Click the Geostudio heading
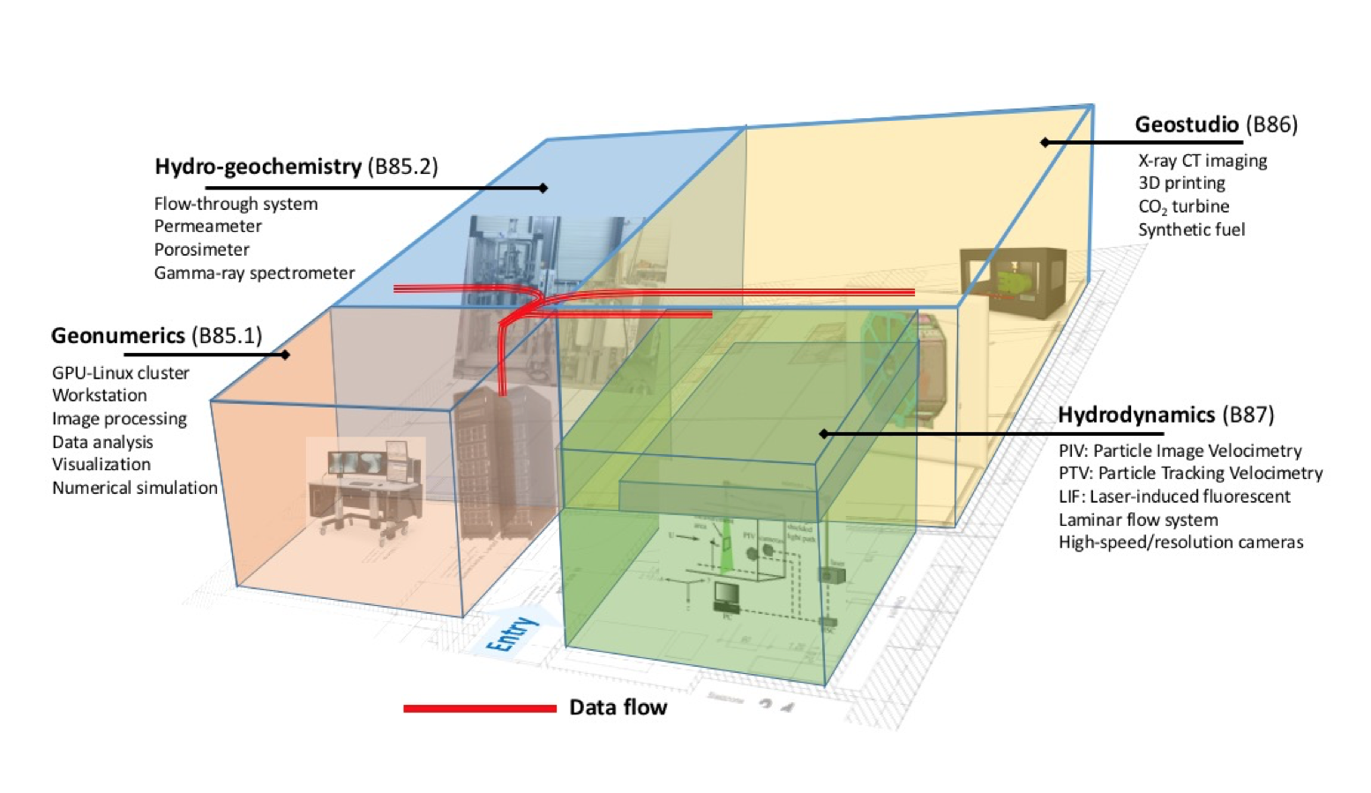click(x=1187, y=124)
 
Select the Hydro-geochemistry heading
click(x=258, y=167)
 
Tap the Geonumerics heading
click(x=117, y=336)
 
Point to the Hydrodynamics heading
click(x=1135, y=415)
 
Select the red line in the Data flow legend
click(x=479, y=708)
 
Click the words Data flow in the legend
click(x=618, y=707)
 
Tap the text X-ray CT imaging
click(x=1202, y=161)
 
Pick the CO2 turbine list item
click(x=1183, y=206)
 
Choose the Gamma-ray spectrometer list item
click(x=254, y=273)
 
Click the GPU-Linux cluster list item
click(x=120, y=373)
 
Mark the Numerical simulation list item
click(x=134, y=488)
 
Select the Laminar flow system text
click(x=1137, y=520)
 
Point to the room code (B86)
click(x=1271, y=124)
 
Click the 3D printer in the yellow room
click(x=1013, y=282)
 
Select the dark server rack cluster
click(x=499, y=463)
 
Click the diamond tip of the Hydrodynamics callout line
click(x=823, y=434)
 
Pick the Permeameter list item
click(x=207, y=227)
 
